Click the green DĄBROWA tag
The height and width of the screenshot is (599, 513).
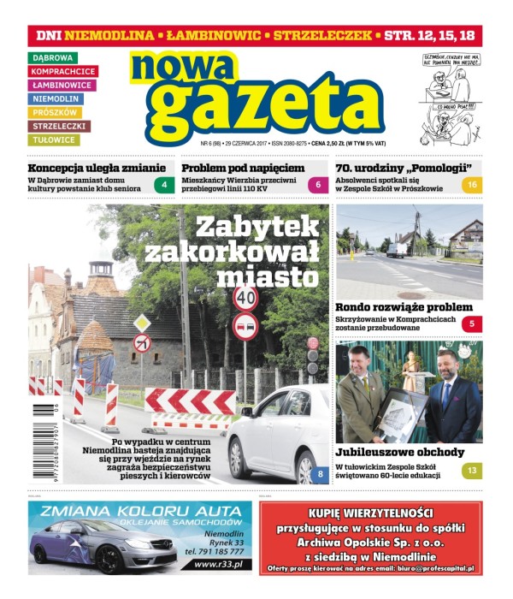coord(53,58)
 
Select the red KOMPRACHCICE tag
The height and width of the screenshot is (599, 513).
coord(63,72)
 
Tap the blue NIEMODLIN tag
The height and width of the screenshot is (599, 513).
coord(56,99)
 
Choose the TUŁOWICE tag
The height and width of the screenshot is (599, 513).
coord(55,140)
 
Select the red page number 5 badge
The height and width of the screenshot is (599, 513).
coord(472,324)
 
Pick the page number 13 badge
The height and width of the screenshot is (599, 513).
coord(472,471)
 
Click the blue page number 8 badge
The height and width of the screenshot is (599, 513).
coord(320,474)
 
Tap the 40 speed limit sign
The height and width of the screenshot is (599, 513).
coord(245,297)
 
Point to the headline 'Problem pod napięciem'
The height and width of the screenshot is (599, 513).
coord(243,168)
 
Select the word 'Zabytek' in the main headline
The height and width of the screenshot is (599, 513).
coord(256,226)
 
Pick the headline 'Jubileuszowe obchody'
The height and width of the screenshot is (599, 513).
coord(399,452)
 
